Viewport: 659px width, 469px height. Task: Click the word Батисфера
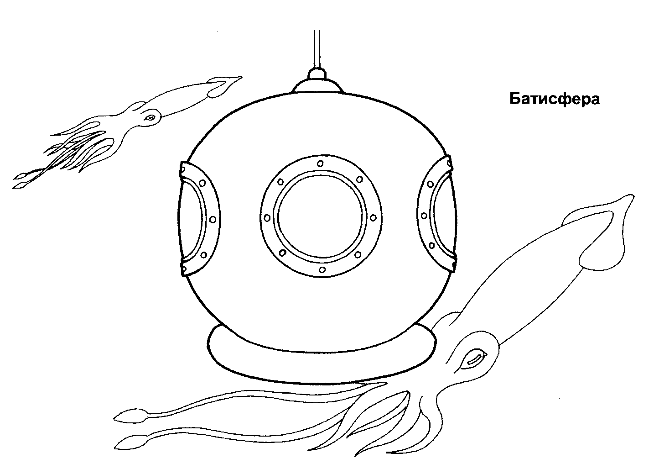tap(554, 99)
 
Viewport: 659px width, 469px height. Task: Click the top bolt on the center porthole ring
tap(320, 163)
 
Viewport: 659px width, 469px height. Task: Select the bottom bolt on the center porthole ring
tap(322, 270)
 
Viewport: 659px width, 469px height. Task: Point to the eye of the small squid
tap(150, 118)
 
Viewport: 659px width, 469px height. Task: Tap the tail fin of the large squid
tap(602, 228)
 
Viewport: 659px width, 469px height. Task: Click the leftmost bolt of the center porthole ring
tap(267, 217)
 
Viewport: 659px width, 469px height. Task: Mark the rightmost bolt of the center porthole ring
tap(374, 217)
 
